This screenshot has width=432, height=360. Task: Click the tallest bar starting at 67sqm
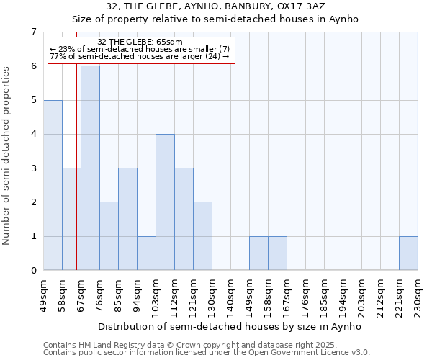(90, 168)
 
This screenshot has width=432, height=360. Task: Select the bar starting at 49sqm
(53, 185)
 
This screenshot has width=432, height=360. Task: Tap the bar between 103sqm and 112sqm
(165, 202)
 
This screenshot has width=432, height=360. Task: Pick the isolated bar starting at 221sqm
(408, 253)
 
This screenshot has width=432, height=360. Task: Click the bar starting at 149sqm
(258, 253)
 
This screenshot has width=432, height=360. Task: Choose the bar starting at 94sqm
(146, 253)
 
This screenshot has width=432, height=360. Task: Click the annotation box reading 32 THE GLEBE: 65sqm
(140, 49)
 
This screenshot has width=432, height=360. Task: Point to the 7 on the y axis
(33, 32)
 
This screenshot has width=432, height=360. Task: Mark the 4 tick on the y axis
(33, 134)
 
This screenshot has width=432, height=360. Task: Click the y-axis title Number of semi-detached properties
(8, 155)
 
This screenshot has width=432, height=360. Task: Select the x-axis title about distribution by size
(230, 327)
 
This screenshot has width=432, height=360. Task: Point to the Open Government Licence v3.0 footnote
(207, 353)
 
